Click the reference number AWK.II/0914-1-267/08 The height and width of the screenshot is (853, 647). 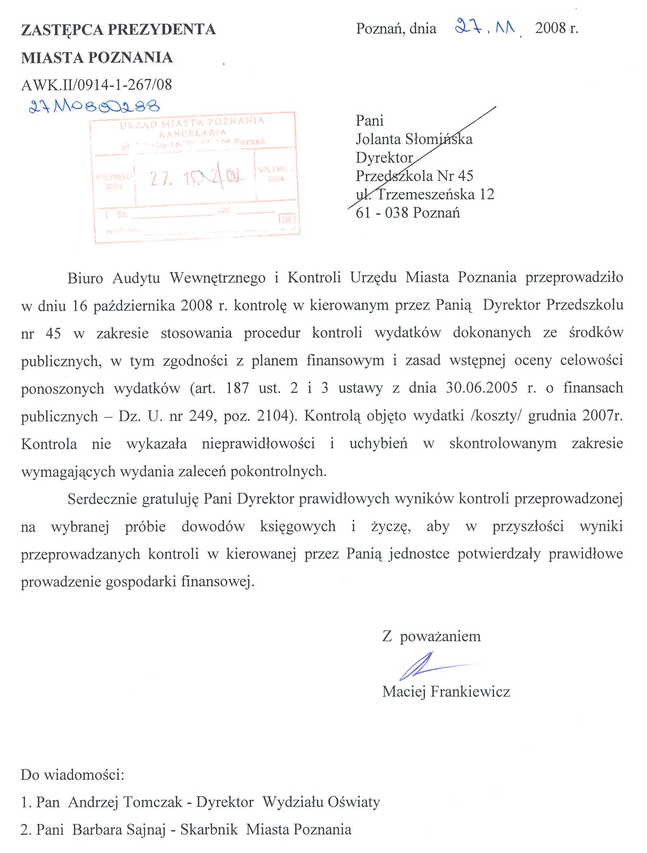click(x=96, y=85)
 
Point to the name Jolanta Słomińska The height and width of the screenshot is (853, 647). click(x=414, y=139)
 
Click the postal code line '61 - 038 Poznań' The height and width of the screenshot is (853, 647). click(x=407, y=212)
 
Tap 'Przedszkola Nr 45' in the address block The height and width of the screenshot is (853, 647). click(x=414, y=176)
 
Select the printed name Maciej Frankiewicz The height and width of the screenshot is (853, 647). click(x=446, y=692)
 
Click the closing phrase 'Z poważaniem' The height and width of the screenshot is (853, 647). click(x=431, y=637)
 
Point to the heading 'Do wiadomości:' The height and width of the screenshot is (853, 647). click(x=72, y=775)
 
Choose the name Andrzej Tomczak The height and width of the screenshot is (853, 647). click(x=125, y=802)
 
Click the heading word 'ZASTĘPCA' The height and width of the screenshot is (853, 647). click(x=62, y=30)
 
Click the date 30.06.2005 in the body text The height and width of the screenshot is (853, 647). click(x=481, y=388)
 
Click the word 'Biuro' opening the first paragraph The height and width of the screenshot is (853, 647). click(x=85, y=278)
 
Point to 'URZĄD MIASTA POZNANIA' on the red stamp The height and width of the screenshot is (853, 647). click(x=192, y=122)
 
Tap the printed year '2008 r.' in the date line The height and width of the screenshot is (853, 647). click(x=557, y=28)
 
